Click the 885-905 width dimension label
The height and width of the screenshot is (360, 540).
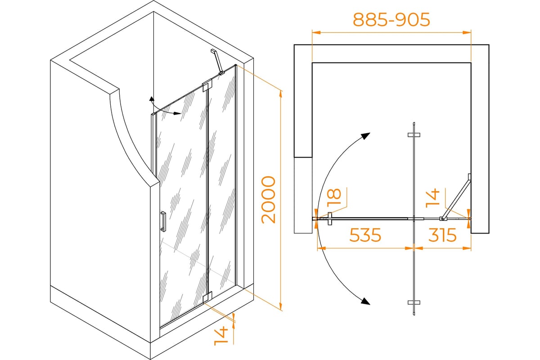[x=391, y=19]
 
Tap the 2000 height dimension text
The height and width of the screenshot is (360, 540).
[x=268, y=200]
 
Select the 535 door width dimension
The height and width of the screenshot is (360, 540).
[x=365, y=235]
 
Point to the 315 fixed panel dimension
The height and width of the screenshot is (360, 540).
[x=442, y=235]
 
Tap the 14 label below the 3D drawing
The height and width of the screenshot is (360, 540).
[x=221, y=336]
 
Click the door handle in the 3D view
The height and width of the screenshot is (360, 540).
[x=163, y=221]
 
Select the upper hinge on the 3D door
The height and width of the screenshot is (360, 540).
[x=207, y=85]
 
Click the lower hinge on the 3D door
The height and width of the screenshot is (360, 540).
[x=207, y=297]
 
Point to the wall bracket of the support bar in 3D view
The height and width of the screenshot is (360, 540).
[x=213, y=51]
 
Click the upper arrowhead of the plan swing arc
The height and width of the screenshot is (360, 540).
[x=365, y=136]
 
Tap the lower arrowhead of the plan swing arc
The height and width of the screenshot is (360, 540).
[x=365, y=301]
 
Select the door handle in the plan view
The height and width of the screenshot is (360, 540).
[x=329, y=219]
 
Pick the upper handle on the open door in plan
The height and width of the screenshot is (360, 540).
[x=414, y=135]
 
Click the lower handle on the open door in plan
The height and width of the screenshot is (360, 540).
[x=414, y=302]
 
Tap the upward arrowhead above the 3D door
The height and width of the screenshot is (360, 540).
[x=151, y=99]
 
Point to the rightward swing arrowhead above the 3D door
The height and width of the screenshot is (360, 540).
[x=177, y=113]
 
